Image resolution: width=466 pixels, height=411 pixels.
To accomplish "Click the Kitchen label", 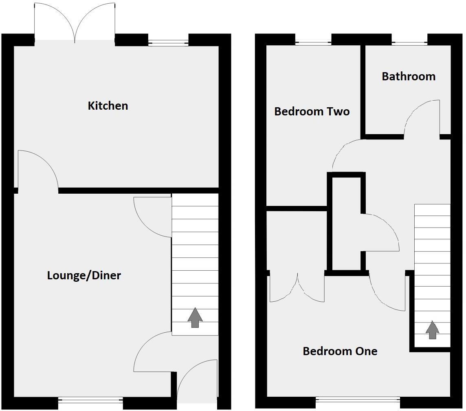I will pos(108,106).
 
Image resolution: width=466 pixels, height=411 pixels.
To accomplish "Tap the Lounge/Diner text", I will pos(84,276).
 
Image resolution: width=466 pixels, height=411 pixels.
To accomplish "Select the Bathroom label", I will pos(409,77).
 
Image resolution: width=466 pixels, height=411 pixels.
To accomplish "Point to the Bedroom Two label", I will pos(312,112).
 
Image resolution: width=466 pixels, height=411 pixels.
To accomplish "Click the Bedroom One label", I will pos(340,351).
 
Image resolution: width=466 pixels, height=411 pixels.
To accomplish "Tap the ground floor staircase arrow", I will pos(195,318).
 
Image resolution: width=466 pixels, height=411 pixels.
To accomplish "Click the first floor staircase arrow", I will pos(432,330).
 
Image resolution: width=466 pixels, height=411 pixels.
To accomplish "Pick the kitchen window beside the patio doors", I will pos(168,42).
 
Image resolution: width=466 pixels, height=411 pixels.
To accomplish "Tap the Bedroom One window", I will pos(358,400).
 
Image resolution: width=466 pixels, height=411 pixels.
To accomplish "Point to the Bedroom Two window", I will pos(313,42).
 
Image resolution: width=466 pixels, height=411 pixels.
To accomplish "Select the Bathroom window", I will pos(409,42).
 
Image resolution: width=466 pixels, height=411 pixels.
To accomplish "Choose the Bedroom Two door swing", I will pos(346,153).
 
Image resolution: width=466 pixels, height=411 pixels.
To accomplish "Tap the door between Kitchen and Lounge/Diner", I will pos(37,169).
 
